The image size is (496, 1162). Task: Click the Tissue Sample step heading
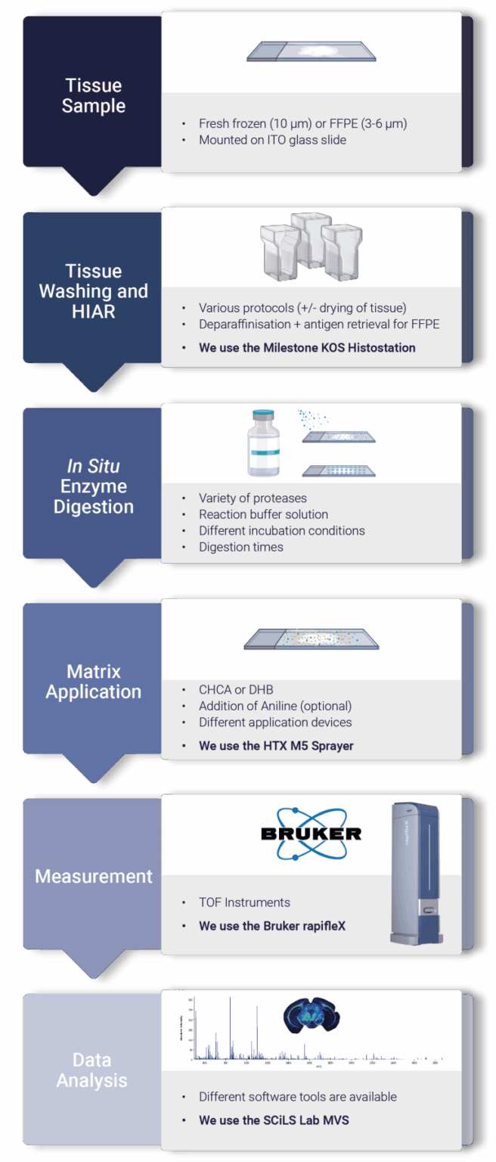tap(93, 95)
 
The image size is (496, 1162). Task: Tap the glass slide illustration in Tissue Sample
tap(311, 51)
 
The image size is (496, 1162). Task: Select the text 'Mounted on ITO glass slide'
tap(272, 140)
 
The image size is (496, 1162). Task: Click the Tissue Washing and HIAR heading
tap(93, 290)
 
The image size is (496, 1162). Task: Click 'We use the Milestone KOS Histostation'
tap(307, 348)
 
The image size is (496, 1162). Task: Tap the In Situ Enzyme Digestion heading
tap(93, 486)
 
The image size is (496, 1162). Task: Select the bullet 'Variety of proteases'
tap(253, 498)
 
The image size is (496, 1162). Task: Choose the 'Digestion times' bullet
tap(240, 547)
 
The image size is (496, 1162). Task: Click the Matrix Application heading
tap(93, 681)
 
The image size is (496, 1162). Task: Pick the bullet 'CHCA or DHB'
tap(236, 689)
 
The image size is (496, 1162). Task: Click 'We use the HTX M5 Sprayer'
tap(276, 746)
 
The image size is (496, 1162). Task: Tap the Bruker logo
tap(311, 834)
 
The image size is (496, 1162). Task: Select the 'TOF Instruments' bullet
tap(244, 903)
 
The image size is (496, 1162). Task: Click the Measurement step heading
tap(93, 876)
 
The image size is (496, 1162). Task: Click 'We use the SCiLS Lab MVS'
tap(274, 1120)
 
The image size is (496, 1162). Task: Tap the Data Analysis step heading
tap(92, 1070)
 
